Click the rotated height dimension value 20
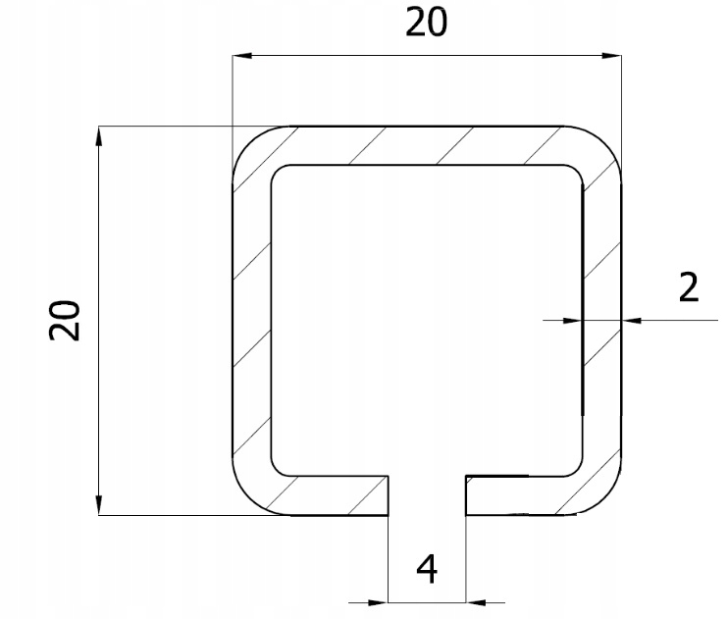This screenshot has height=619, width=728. pos(66,320)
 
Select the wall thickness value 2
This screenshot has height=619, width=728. pos(687,287)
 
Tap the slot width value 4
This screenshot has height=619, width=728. pos(428,570)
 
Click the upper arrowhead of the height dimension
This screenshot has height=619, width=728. pos(100,135)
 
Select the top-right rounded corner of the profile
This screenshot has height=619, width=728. pos(602,144)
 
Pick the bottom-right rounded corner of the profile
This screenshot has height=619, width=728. pos(602,496)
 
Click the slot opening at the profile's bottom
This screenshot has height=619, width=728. pos(428,495)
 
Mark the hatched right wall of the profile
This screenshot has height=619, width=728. pos(601,320)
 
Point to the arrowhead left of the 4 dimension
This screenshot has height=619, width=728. pos(379,600)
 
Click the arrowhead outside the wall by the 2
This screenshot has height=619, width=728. pos(632,319)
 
